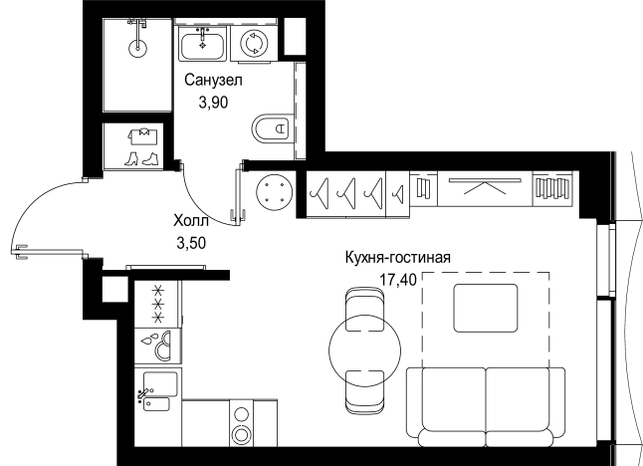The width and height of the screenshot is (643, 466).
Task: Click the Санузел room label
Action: pyautogui.click(x=213, y=81)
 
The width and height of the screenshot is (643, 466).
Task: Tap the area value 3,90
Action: pyautogui.click(x=213, y=103)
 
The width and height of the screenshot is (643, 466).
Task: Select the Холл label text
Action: pyautogui.click(x=191, y=221)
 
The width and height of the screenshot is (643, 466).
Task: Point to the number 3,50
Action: pyautogui.click(x=191, y=243)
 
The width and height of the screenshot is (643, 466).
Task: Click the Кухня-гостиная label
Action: pyautogui.click(x=398, y=258)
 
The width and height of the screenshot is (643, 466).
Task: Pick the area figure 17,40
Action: pyautogui.click(x=398, y=280)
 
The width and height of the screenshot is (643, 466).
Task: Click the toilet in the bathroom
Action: pyautogui.click(x=272, y=128)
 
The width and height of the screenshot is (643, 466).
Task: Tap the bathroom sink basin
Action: pyautogui.click(x=203, y=44)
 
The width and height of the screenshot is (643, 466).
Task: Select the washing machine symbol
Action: pyautogui.click(x=255, y=44)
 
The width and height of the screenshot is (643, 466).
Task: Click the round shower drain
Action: pyautogui.click(x=137, y=48)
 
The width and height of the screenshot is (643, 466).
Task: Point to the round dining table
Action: pyautogui.click(x=365, y=349)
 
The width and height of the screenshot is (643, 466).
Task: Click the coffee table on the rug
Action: pyautogui.click(x=486, y=308)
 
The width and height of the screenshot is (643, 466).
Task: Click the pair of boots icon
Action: pyautogui.click(x=141, y=158)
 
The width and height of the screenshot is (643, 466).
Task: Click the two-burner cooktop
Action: pyautogui.click(x=241, y=423)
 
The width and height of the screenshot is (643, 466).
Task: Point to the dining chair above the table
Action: pyautogui.click(x=365, y=309)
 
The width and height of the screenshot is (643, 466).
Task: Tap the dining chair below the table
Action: pyautogui.click(x=365, y=392)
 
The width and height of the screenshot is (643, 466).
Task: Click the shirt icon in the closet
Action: pyautogui.click(x=143, y=136)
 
